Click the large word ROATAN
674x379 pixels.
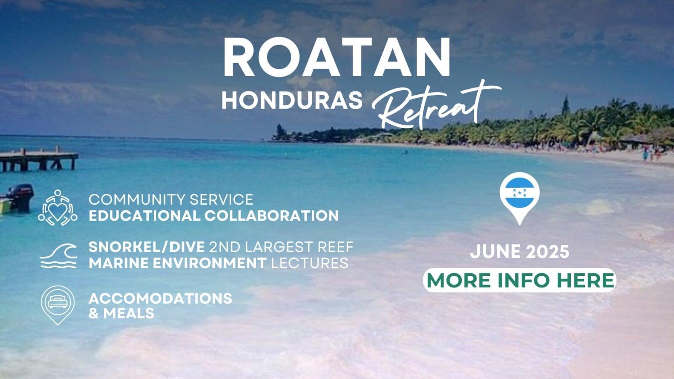pos(337,57)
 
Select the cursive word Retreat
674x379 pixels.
pos(436,105)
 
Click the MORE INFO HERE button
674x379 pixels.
pos(520,280)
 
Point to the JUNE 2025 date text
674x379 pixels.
pos(520,251)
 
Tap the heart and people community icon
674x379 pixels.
pos(57,208)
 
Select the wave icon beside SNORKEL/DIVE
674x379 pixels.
pos(59,256)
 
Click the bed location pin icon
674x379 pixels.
pos(58,305)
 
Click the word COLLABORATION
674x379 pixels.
pos(272,216)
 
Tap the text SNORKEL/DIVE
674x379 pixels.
pos(147,247)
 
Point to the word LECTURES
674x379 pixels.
pos(310,263)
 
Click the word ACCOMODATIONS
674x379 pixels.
pos(160,299)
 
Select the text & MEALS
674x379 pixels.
pos(122,313)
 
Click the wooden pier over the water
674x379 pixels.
pos(38,160)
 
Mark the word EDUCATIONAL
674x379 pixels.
pos(144,216)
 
